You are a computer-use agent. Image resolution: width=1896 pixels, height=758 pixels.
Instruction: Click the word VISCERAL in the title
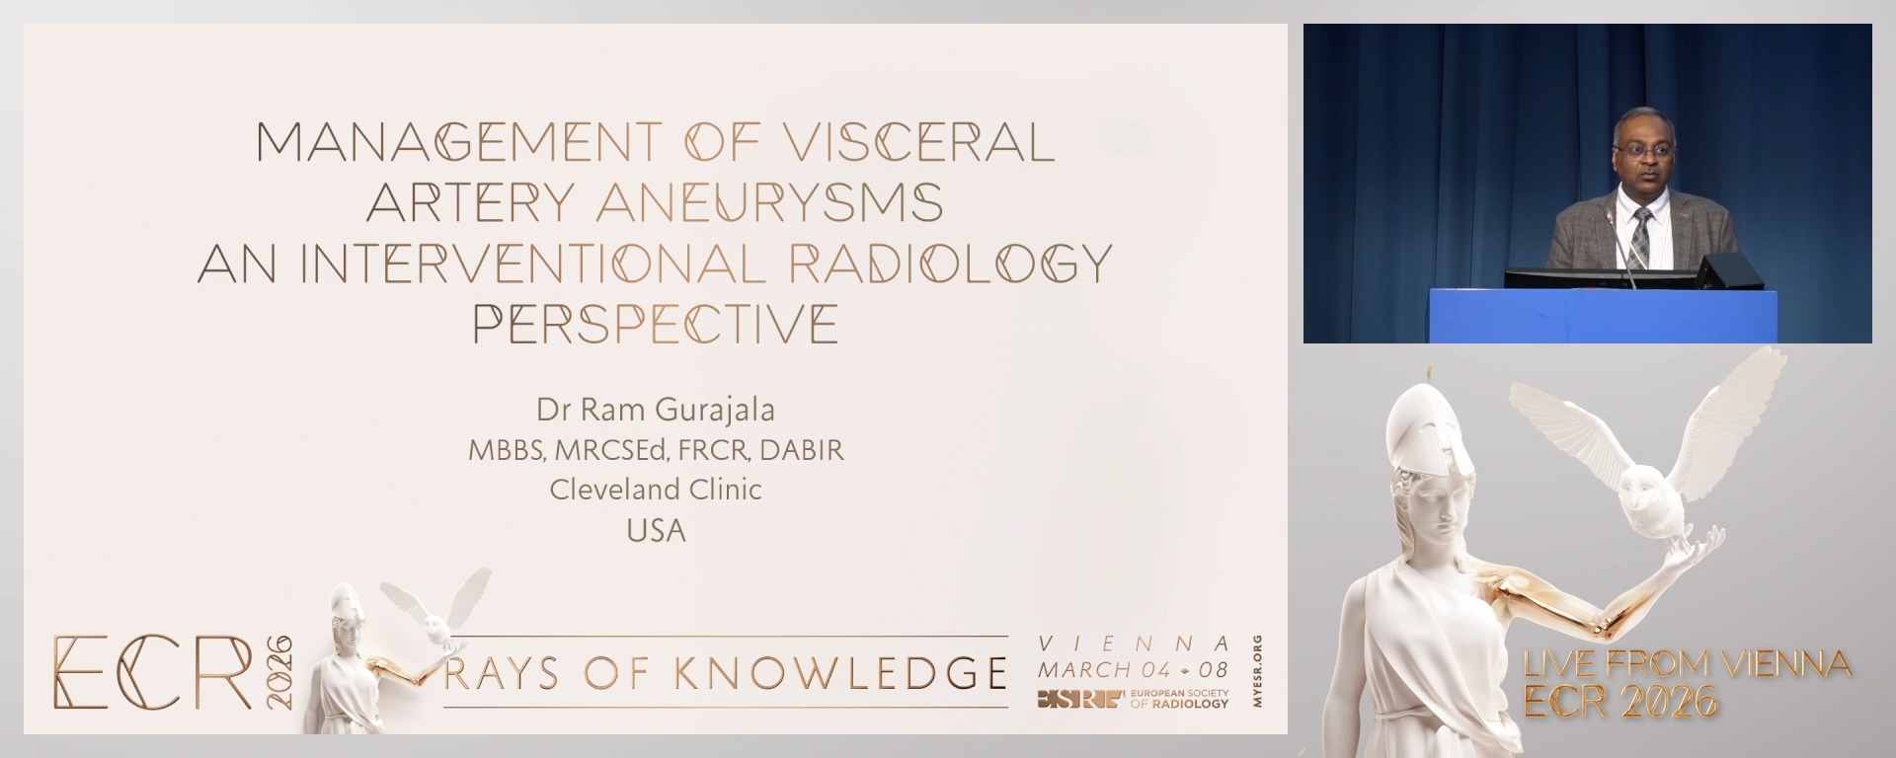[918, 143]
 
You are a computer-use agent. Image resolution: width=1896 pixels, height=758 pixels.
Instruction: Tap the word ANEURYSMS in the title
[769, 203]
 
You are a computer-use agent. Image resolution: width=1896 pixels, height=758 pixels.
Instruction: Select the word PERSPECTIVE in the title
[656, 324]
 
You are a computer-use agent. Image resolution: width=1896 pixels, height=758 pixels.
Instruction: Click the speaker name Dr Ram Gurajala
[656, 409]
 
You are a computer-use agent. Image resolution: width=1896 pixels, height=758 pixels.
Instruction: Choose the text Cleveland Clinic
[656, 490]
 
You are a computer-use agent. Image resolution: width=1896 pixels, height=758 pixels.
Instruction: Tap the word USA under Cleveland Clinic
[656, 531]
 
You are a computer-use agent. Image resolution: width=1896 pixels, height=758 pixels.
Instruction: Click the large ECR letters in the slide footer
[153, 672]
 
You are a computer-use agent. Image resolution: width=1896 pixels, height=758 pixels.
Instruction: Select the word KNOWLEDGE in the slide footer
[840, 673]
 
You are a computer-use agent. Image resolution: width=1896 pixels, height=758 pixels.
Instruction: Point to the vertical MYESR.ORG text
[1256, 671]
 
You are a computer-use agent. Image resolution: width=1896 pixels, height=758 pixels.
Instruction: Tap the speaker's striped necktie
[1640, 238]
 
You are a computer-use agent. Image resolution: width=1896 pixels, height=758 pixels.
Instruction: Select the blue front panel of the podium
[1596, 315]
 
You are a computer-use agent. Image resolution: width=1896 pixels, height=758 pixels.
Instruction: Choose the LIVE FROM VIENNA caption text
[1687, 664]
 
